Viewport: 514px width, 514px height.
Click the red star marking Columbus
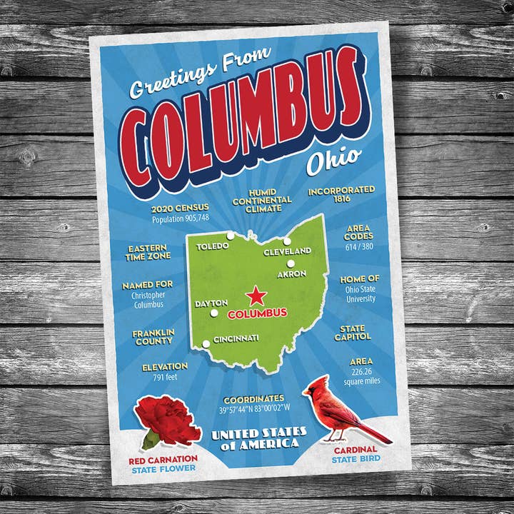[256, 296]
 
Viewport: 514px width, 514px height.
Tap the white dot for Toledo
[230, 236]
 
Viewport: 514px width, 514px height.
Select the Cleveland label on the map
[287, 251]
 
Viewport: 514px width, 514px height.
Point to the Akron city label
[291, 273]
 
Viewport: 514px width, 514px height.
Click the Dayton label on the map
[211, 303]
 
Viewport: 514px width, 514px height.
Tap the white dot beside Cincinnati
[206, 344]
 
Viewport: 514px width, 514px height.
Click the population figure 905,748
[180, 218]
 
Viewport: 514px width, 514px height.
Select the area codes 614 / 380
[359, 246]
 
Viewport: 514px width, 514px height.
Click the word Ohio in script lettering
[333, 161]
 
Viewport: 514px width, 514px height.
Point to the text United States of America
[258, 438]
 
